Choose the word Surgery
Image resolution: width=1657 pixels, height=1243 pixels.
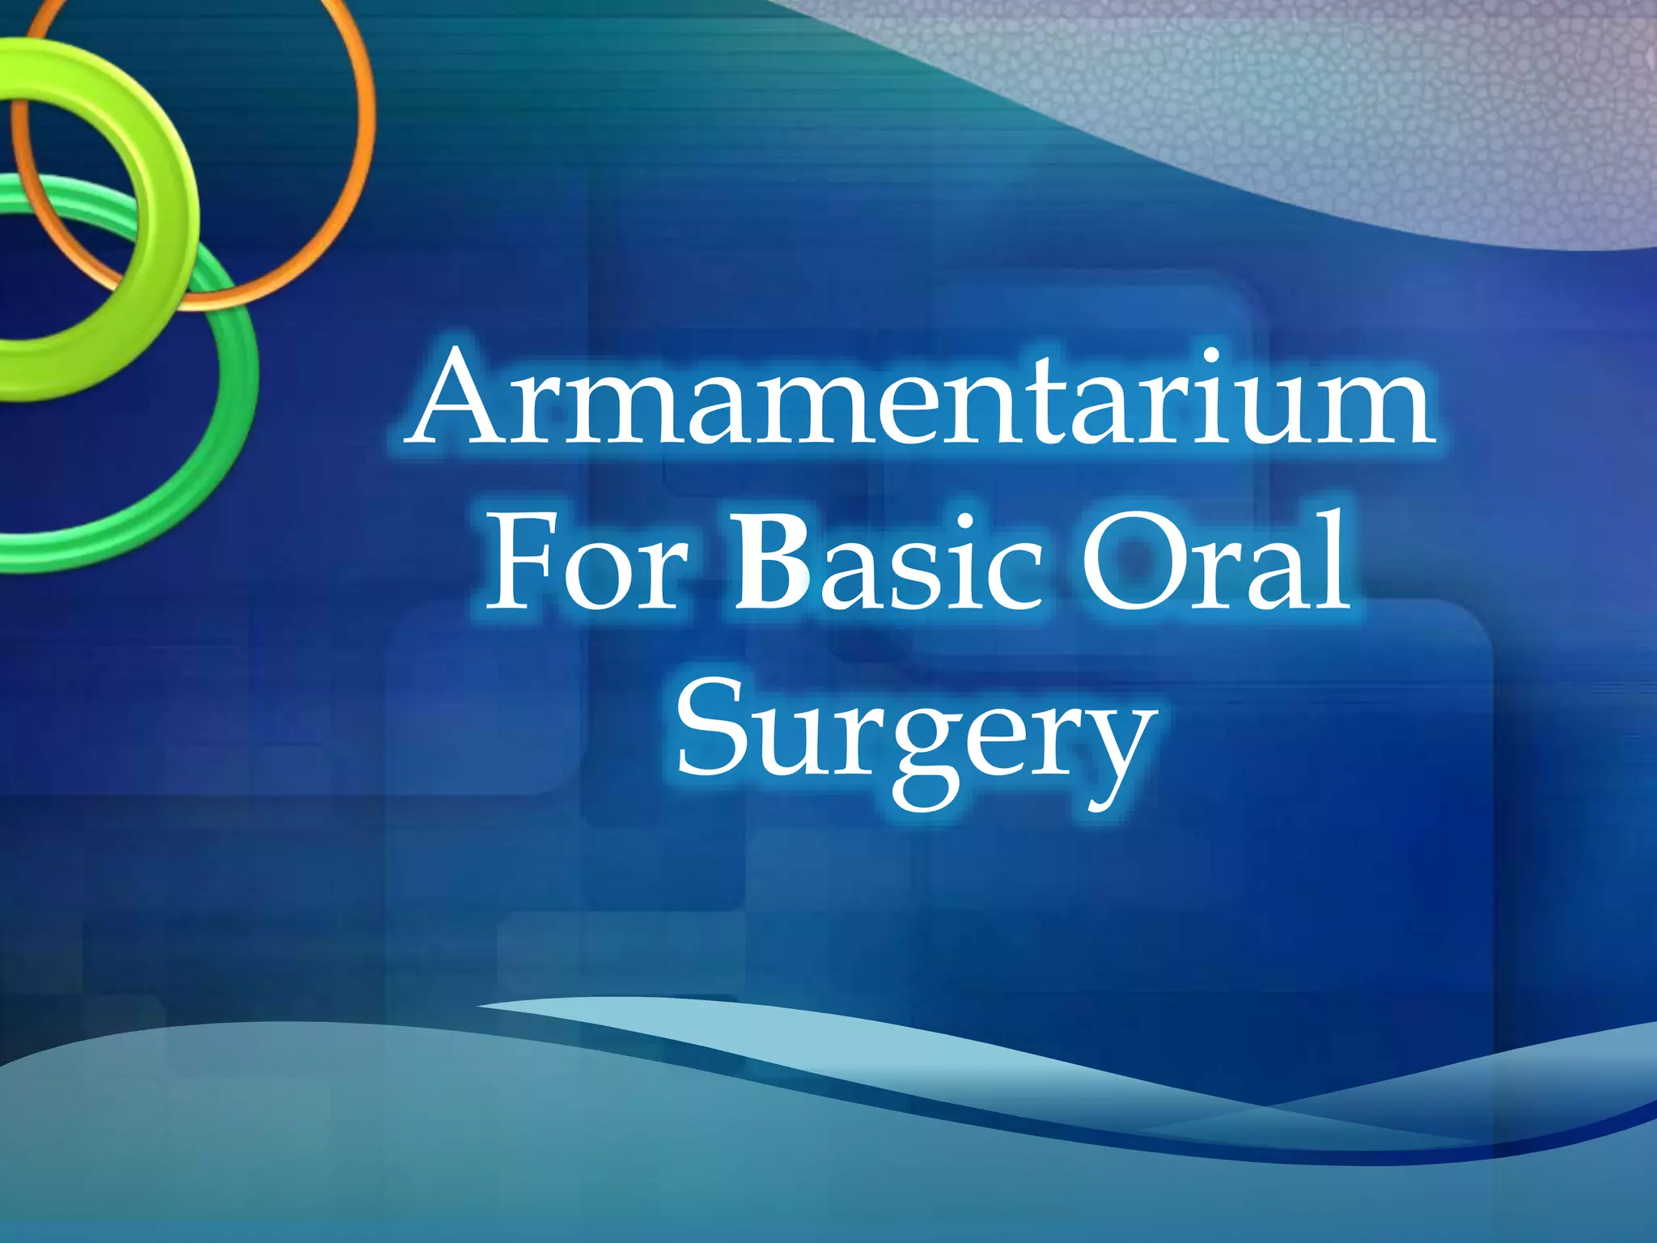(x=914, y=736)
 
